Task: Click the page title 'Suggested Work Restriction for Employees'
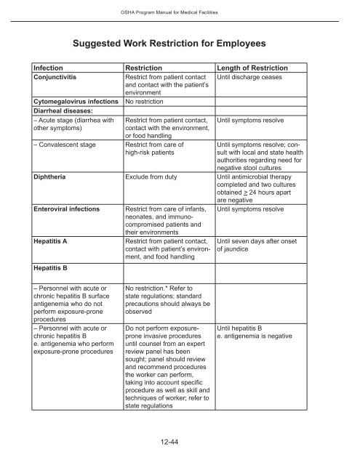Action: pos(180,41)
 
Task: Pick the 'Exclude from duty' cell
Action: pos(158,176)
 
